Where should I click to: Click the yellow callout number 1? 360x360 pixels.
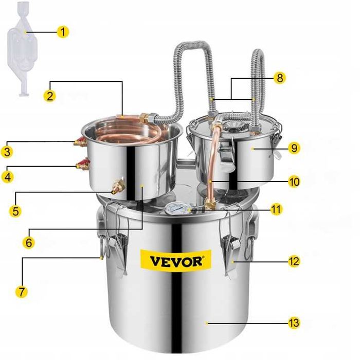(62, 32)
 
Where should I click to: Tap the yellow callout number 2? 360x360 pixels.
(49, 95)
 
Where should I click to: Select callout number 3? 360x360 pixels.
(7, 152)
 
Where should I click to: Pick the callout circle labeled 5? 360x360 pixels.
(16, 210)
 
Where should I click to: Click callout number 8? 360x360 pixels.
(279, 78)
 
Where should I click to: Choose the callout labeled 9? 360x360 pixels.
(294, 148)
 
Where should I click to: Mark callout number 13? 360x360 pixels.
(294, 323)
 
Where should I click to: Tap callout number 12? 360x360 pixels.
(294, 261)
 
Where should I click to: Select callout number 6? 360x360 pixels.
(29, 241)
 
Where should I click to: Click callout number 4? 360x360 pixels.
(7, 176)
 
